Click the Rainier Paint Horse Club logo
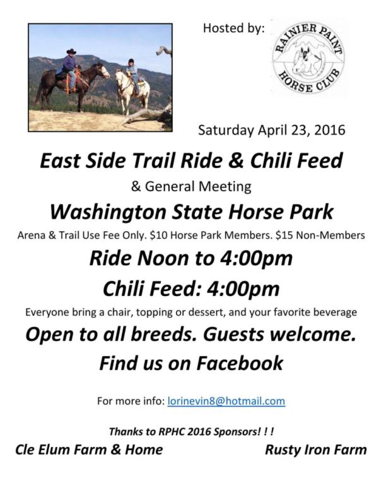point(308,58)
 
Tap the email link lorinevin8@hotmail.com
point(226,401)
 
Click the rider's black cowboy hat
point(71,51)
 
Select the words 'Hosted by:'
point(234,28)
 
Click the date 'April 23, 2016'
point(301,130)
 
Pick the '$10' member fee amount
point(158,235)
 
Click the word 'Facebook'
point(240,363)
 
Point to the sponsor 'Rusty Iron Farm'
point(315,449)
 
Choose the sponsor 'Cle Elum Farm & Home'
point(89,449)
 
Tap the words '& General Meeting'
point(191,186)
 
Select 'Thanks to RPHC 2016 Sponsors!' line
point(191,431)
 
